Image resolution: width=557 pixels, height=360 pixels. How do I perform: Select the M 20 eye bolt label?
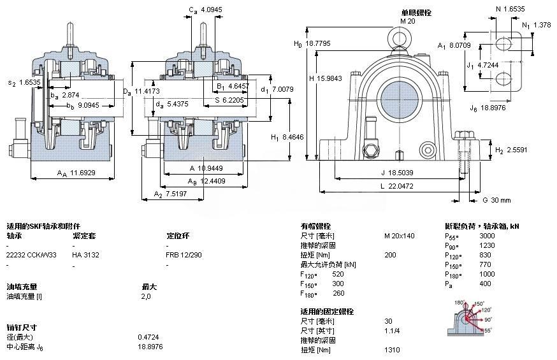[x=407, y=21]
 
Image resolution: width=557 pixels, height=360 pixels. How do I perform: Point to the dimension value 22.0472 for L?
[x=400, y=185]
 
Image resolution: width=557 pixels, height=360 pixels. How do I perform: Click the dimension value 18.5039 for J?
[x=401, y=172]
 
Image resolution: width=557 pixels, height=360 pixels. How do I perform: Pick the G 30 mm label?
[x=496, y=200]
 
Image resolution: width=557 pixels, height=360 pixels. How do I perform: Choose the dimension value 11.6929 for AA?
[x=83, y=173]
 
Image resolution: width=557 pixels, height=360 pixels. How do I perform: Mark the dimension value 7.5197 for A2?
[x=175, y=194]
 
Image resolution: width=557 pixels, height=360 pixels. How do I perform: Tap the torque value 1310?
[x=392, y=350]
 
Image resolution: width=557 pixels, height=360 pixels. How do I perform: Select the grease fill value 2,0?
[x=146, y=296]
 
